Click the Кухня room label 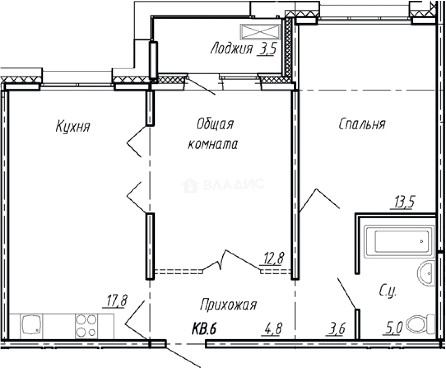pos(73,126)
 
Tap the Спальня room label pos(362,124)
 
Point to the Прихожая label pos(228,305)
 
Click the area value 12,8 pos(273,258)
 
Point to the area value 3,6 pos(336,328)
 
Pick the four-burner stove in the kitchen pos(86,326)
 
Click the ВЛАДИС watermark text pos(233,184)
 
